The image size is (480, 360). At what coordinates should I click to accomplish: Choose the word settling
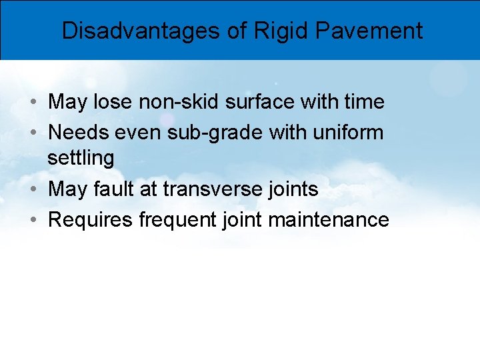(x=81, y=158)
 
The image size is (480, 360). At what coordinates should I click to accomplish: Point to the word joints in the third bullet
(x=291, y=189)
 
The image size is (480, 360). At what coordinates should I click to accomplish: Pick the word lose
(x=113, y=102)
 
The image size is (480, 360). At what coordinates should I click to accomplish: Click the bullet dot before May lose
(x=33, y=103)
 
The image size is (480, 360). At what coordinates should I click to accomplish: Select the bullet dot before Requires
(x=33, y=220)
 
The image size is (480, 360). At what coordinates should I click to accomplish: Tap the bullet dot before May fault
(x=33, y=190)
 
